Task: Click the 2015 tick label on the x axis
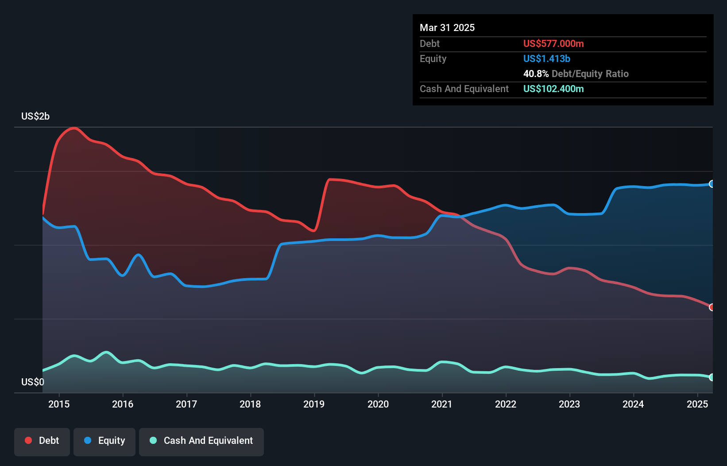(59, 404)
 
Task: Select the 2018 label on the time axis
(250, 404)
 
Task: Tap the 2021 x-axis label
(442, 404)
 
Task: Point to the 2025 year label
(697, 404)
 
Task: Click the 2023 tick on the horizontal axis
(569, 404)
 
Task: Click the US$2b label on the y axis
(35, 116)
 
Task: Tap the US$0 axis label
(33, 382)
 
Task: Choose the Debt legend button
(42, 441)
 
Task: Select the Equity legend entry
(104, 441)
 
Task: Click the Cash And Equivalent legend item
(201, 441)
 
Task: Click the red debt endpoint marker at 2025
(712, 307)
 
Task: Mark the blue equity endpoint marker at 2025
(712, 184)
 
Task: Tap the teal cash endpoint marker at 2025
(712, 377)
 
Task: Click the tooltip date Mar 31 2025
(447, 28)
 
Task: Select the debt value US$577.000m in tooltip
(553, 44)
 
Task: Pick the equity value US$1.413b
(547, 59)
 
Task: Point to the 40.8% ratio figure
(536, 74)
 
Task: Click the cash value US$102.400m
(553, 89)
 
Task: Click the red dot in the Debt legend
(28, 440)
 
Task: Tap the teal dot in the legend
(153, 440)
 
